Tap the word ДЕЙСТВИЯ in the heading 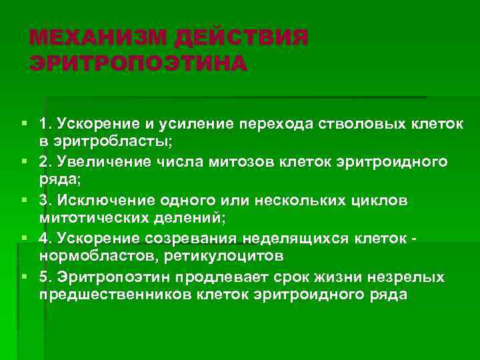241,38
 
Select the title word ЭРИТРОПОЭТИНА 138,64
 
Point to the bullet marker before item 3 24,200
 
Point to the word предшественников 108,295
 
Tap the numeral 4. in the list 47,239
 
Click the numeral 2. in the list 47,162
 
